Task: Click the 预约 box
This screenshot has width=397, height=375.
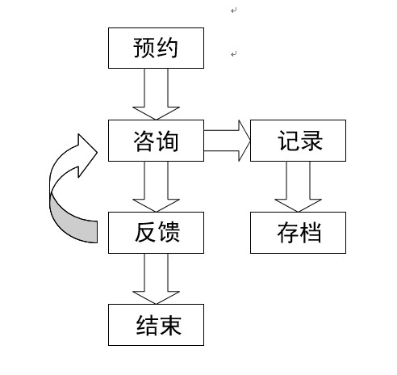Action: click(x=156, y=48)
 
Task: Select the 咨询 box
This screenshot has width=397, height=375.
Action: click(x=156, y=141)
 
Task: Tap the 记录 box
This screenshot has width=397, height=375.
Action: click(x=298, y=141)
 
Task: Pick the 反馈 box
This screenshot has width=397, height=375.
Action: click(x=156, y=233)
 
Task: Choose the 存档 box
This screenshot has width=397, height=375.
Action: click(x=298, y=233)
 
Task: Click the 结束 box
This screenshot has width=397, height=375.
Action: click(x=156, y=325)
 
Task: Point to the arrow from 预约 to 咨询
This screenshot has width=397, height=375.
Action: click(x=156, y=95)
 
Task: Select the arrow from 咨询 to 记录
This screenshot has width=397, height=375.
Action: click(x=228, y=141)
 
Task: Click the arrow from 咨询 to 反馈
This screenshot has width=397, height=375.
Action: click(x=156, y=187)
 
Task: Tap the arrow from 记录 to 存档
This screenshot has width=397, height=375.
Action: click(x=298, y=187)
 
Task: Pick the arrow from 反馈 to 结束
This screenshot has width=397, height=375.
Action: click(x=156, y=279)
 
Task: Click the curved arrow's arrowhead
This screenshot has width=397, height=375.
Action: click(x=86, y=155)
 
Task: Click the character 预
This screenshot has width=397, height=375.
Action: click(x=144, y=48)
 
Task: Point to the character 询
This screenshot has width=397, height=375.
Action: click(x=167, y=141)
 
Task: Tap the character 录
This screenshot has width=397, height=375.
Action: click(x=311, y=141)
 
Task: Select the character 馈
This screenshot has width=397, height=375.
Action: click(x=169, y=232)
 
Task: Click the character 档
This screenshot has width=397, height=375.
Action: click(x=311, y=233)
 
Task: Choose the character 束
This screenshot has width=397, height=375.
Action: click(x=170, y=325)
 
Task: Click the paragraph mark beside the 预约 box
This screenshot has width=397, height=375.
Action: click(x=234, y=54)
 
